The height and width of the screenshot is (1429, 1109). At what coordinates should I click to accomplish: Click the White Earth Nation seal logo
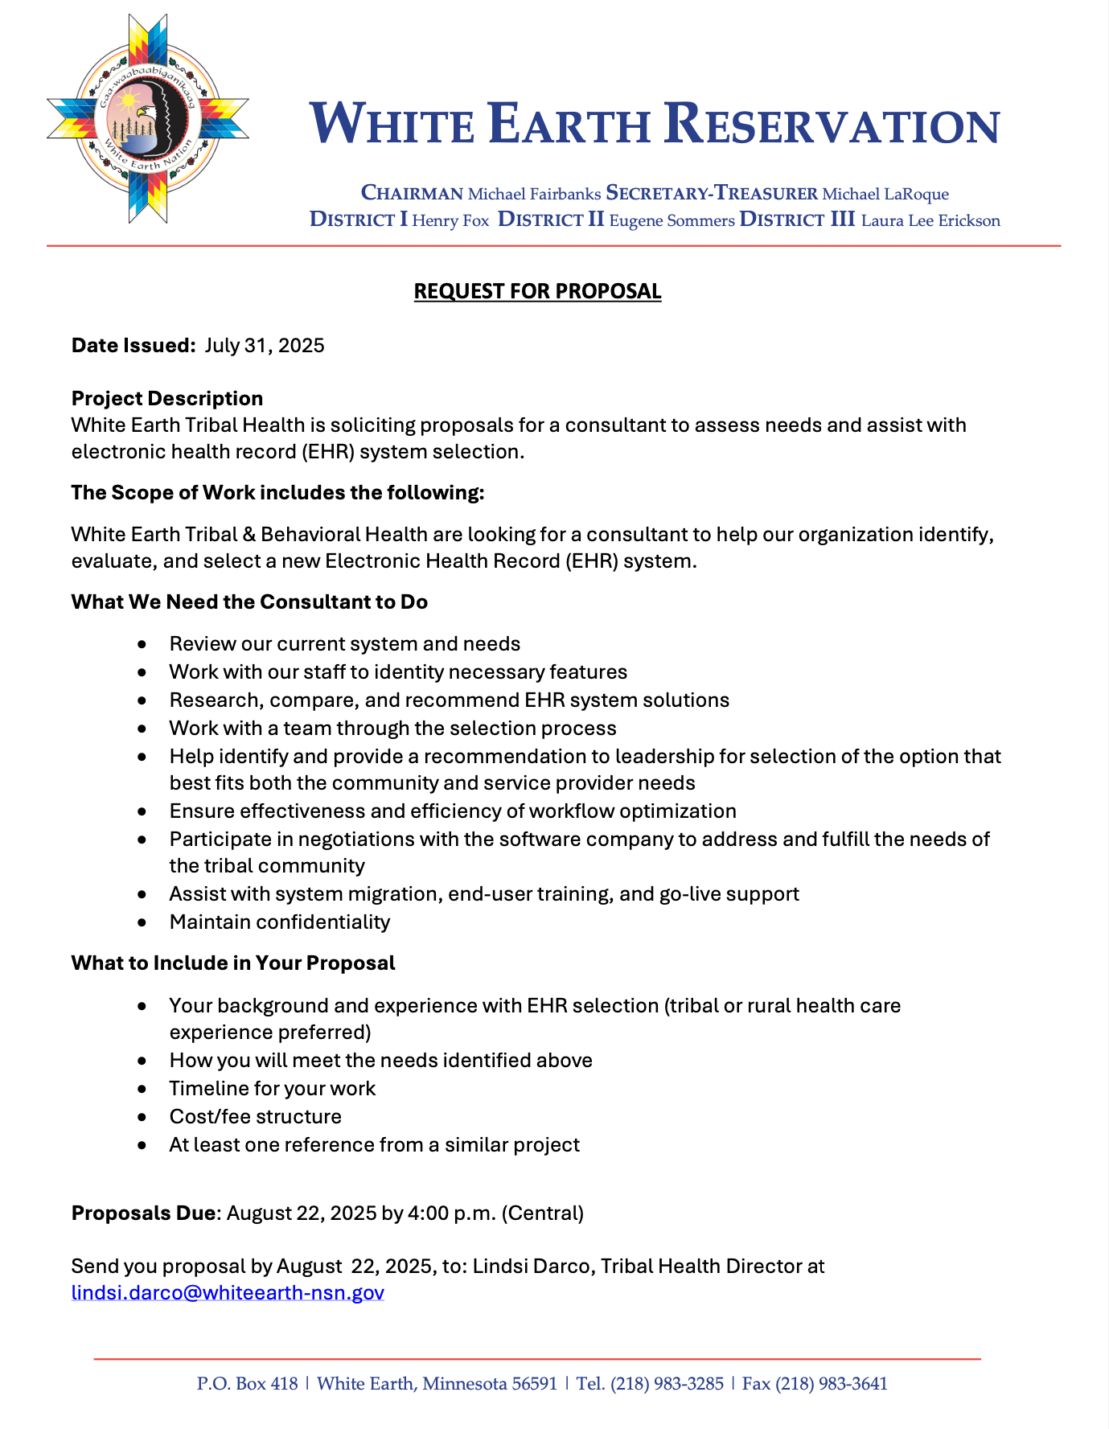[x=148, y=119]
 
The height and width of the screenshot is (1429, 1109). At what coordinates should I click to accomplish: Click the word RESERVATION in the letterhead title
[x=832, y=126]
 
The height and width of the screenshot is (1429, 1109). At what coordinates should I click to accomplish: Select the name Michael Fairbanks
[x=534, y=195]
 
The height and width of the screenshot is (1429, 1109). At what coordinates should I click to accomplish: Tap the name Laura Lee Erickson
[x=930, y=221]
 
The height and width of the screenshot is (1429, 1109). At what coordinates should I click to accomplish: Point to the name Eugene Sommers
[x=672, y=221]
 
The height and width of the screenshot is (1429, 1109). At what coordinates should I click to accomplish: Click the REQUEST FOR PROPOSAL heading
[x=537, y=291]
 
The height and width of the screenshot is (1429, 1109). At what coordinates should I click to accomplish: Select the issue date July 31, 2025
[x=265, y=346]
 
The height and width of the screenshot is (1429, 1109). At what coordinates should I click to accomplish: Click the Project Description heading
[x=167, y=399]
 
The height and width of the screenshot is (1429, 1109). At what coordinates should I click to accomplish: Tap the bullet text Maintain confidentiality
[x=280, y=922]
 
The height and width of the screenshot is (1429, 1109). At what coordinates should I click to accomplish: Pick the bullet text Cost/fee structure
[x=256, y=1117]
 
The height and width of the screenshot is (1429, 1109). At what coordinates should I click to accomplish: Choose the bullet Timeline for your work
[x=273, y=1089]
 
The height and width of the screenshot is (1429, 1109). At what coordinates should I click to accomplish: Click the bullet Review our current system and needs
[x=345, y=644]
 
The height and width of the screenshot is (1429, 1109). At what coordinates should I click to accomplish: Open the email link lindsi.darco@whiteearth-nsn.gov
[x=228, y=1293]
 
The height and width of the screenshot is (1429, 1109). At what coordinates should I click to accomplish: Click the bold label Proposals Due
[x=143, y=1213]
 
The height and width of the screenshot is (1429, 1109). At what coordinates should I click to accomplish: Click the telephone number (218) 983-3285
[x=667, y=1384]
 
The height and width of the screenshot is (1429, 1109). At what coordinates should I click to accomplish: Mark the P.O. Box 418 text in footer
[x=247, y=1384]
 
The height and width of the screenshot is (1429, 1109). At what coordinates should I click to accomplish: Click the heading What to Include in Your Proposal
[x=233, y=963]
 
